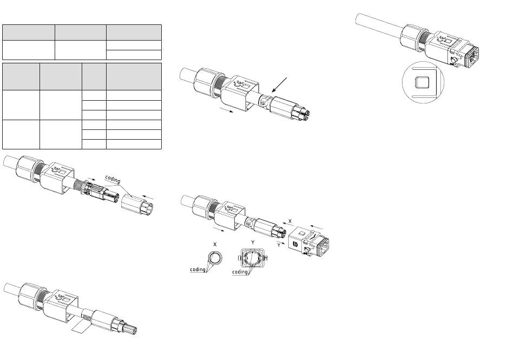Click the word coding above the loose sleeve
[x=113, y=179]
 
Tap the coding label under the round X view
[x=197, y=270]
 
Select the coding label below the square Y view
[x=240, y=272]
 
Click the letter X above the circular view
[x=215, y=245]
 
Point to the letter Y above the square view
[x=253, y=243]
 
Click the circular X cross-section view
[x=215, y=258]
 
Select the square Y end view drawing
[x=253, y=258]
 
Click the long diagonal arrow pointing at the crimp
[x=279, y=85]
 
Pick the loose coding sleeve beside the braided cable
[x=137, y=205]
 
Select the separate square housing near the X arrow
[x=309, y=241]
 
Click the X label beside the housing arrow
[x=290, y=221]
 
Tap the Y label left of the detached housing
[x=279, y=245]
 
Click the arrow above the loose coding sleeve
[x=148, y=198]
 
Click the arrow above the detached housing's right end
[x=317, y=227]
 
